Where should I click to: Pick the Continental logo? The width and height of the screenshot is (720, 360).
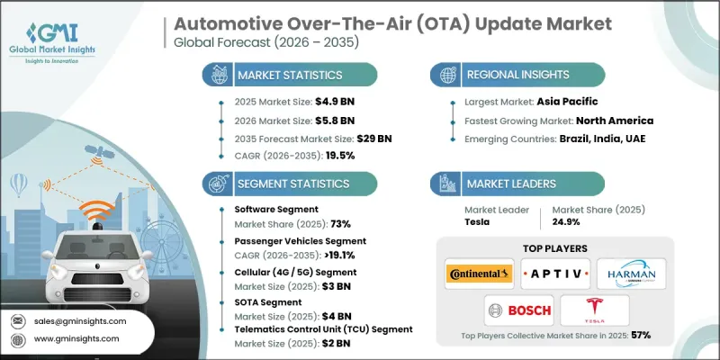pos(478,273)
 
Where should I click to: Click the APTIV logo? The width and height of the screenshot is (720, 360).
pos(555,273)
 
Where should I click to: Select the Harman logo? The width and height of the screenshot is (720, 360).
pos(632,273)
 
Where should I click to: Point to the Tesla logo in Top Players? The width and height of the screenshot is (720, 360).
pos(593,310)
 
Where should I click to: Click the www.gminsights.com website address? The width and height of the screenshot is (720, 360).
pos(83,338)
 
